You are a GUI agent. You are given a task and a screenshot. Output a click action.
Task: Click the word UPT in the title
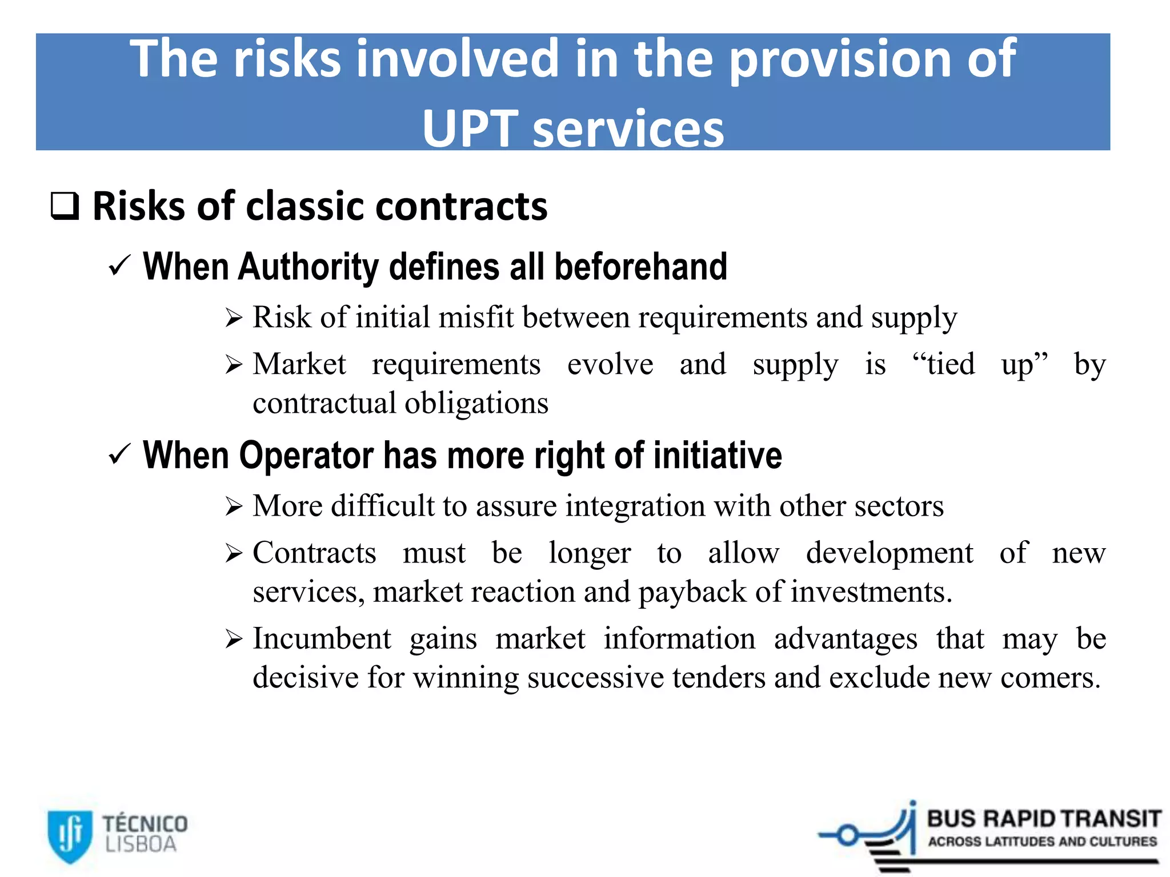pos(470,129)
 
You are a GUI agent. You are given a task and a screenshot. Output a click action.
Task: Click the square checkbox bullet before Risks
pos(65,206)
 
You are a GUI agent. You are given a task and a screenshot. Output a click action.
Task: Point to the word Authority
pos(308,267)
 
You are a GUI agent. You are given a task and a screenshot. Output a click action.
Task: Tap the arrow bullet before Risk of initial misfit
pos(234,317)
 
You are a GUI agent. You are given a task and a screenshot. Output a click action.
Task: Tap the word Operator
pos(306,456)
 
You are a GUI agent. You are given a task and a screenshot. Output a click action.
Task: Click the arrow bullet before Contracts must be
pos(234,553)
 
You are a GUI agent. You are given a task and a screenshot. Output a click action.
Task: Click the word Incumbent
pos(322,638)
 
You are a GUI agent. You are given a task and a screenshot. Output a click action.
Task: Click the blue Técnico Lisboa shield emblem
pos(70,835)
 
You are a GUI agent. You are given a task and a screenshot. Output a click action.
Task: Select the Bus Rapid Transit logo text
pos(1043,819)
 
